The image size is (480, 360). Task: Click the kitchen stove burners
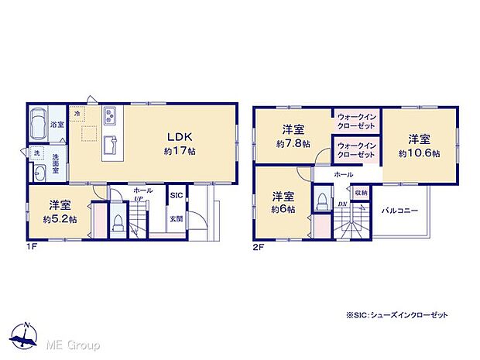click(108, 116)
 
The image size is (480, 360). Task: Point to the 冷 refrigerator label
click(77, 114)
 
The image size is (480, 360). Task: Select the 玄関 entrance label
click(177, 218)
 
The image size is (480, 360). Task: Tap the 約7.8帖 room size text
click(293, 144)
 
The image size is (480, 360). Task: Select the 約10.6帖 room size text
click(419, 153)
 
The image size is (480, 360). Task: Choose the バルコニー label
click(399, 210)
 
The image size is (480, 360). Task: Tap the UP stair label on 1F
click(138, 199)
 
